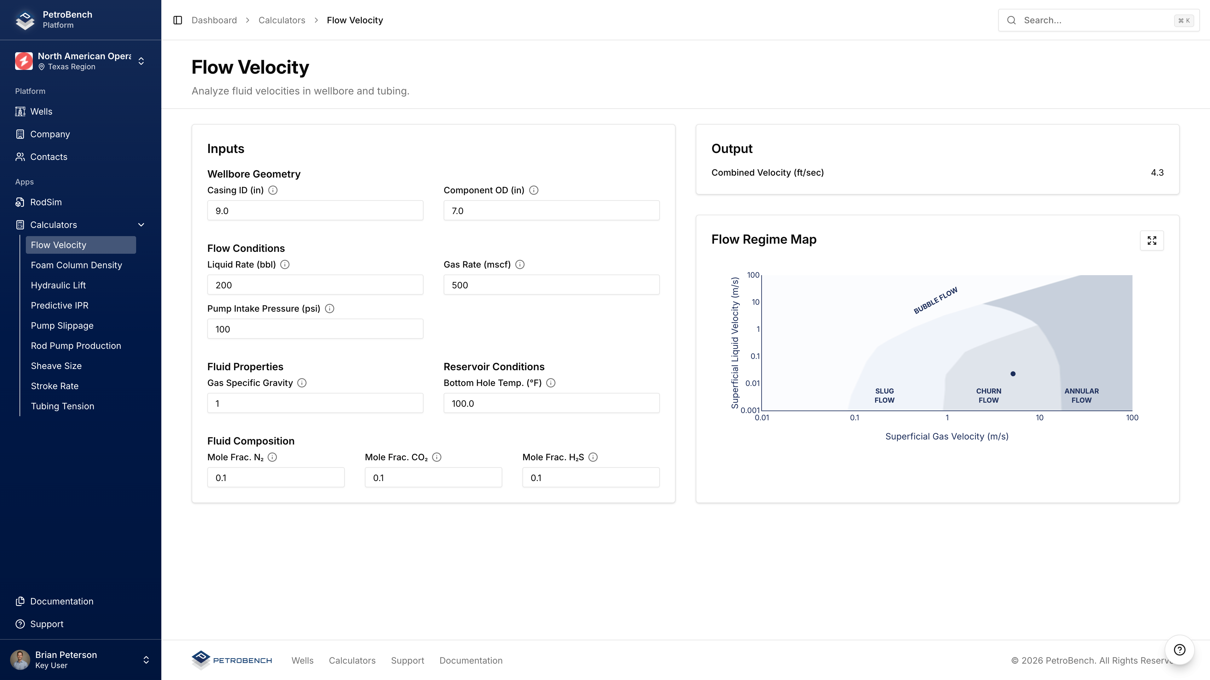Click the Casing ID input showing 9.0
pos(315,211)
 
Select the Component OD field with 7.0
pos(551,211)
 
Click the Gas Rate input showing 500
pos(551,285)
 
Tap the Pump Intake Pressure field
pos(315,329)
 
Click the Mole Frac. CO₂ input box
pos(433,478)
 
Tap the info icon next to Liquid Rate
pos(285,265)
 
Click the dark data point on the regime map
pos(1013,374)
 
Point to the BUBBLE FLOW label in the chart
pos(935,300)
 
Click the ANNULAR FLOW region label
pos(1081,396)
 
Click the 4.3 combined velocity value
pos(1157,173)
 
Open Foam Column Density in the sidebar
pos(76,265)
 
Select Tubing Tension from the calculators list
pos(62,406)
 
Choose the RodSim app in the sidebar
pos(46,202)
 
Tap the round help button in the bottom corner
pos(1179,650)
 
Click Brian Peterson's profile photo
pos(20,660)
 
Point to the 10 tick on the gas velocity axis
pos(1040,418)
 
